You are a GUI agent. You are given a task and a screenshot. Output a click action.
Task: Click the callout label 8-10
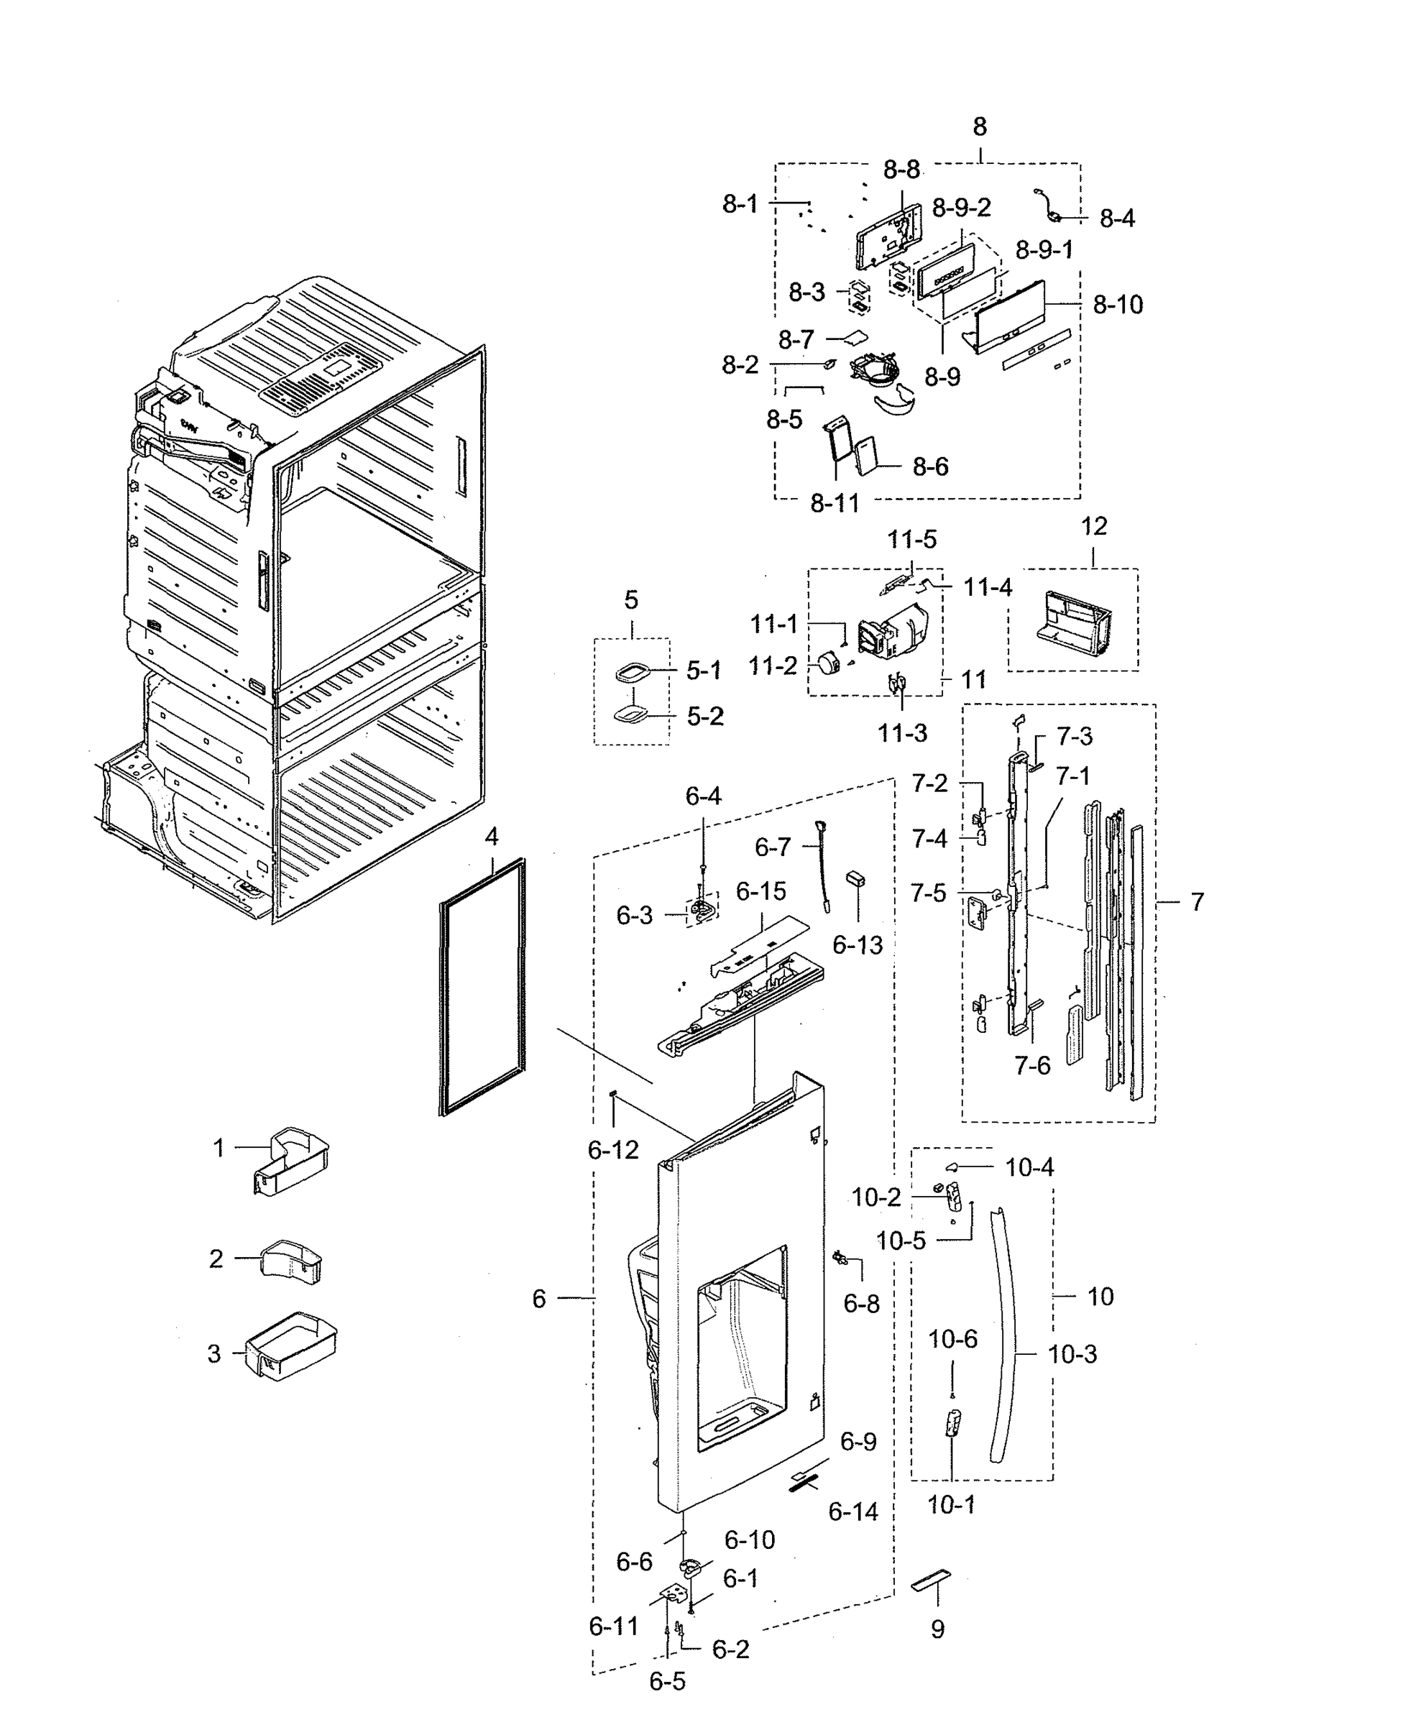click(1118, 305)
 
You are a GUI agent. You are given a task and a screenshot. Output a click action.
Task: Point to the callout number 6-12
click(613, 1150)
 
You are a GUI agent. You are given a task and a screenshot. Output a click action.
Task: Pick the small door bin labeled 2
click(291, 1261)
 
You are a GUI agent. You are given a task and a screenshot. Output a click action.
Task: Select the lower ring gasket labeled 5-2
click(632, 715)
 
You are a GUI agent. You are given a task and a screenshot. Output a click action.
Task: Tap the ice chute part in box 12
click(1075, 623)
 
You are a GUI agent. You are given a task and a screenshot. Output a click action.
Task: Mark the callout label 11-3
click(901, 733)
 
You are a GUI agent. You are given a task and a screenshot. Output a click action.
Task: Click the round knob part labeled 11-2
click(829, 664)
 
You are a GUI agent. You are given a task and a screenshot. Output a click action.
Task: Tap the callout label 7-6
click(1032, 1065)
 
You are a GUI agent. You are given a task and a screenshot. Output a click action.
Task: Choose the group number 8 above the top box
click(980, 126)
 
